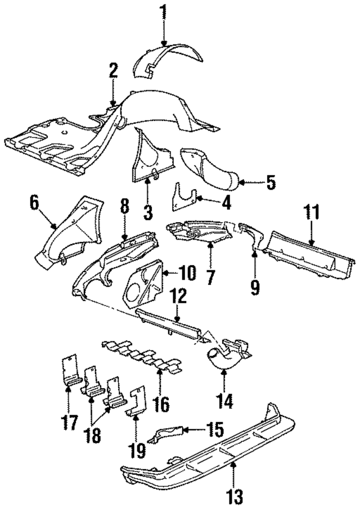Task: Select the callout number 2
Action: click(x=113, y=70)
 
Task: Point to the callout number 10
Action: click(x=188, y=274)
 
